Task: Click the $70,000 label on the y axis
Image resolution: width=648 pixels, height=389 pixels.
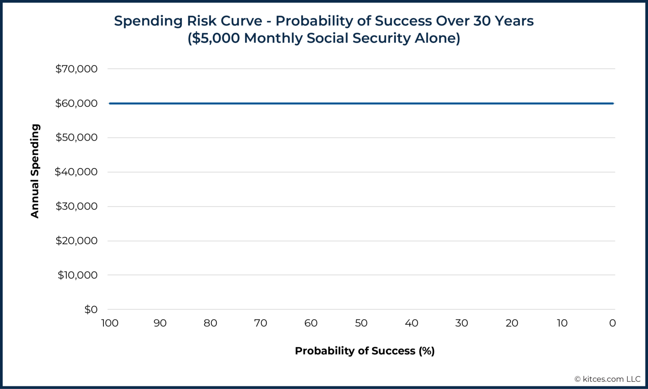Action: [76, 69]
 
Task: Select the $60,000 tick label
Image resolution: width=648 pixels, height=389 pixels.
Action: [76, 103]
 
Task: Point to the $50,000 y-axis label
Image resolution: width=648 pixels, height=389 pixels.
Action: [76, 138]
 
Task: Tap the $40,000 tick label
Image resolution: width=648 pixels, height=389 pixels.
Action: [76, 172]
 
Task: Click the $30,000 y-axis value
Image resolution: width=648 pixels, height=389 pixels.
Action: [76, 206]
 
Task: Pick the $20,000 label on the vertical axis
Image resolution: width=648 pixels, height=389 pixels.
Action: [76, 241]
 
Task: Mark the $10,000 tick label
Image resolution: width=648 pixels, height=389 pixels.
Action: [78, 275]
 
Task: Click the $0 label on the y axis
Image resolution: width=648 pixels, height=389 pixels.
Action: [91, 310]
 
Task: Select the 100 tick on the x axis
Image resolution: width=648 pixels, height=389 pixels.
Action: [110, 323]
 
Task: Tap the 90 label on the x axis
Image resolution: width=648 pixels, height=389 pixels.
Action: [160, 323]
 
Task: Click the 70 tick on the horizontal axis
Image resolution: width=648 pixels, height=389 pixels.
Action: [261, 323]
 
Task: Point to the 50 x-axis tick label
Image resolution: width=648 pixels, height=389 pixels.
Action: [361, 323]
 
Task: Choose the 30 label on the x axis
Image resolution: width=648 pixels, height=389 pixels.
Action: [462, 323]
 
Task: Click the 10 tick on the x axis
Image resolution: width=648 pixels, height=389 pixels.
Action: [562, 323]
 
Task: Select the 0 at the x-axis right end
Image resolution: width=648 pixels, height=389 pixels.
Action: [613, 323]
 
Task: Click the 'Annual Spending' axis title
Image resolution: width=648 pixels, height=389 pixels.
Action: [35, 171]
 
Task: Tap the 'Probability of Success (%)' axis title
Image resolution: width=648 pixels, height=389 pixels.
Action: [364, 351]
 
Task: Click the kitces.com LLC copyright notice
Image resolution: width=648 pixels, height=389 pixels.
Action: [607, 379]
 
